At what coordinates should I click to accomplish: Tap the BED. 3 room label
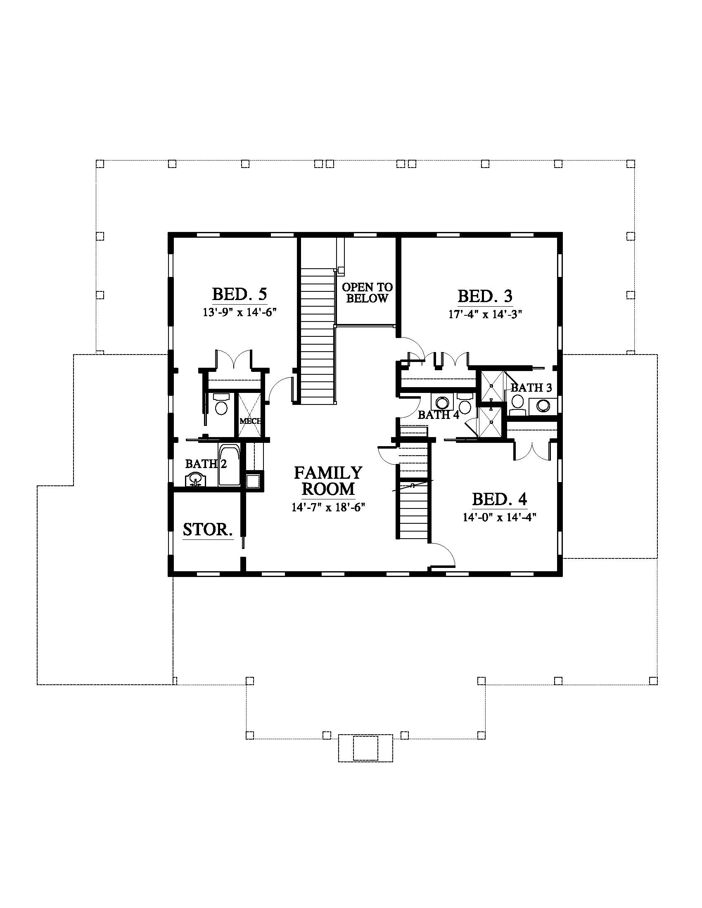(485, 296)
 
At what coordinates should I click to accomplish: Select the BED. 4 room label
(500, 499)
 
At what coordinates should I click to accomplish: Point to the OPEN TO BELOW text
(367, 293)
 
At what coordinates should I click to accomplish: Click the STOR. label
(208, 530)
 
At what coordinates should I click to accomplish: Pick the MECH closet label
(250, 421)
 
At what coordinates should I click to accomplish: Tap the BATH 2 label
(206, 463)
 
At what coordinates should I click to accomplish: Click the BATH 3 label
(531, 388)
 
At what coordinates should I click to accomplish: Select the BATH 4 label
(438, 414)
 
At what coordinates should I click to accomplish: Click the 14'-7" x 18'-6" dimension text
(328, 507)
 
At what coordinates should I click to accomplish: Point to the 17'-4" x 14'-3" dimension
(485, 314)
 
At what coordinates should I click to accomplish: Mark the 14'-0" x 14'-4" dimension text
(500, 517)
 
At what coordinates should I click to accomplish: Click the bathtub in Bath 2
(229, 465)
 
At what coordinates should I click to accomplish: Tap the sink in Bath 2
(194, 480)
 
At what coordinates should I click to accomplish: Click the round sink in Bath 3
(543, 405)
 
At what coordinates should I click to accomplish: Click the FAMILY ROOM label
(328, 481)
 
